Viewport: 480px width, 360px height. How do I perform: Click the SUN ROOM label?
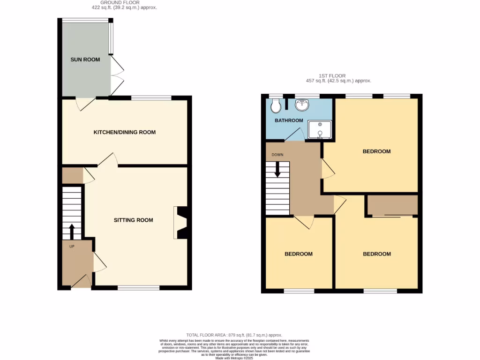(85, 60)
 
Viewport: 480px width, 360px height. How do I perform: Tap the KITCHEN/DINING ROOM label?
(125, 132)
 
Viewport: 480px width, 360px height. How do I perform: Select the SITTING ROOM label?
(133, 220)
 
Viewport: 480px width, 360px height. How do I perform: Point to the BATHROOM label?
(289, 120)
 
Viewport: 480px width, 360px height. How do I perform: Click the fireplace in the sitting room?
(181, 222)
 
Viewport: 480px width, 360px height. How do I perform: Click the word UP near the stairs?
(71, 246)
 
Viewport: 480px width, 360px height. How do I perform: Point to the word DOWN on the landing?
(277, 154)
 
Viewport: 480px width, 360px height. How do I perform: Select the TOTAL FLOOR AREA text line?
(234, 335)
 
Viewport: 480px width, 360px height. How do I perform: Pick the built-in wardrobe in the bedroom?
(392, 205)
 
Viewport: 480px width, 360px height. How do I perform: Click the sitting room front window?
(138, 288)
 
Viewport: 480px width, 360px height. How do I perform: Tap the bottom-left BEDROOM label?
(299, 254)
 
